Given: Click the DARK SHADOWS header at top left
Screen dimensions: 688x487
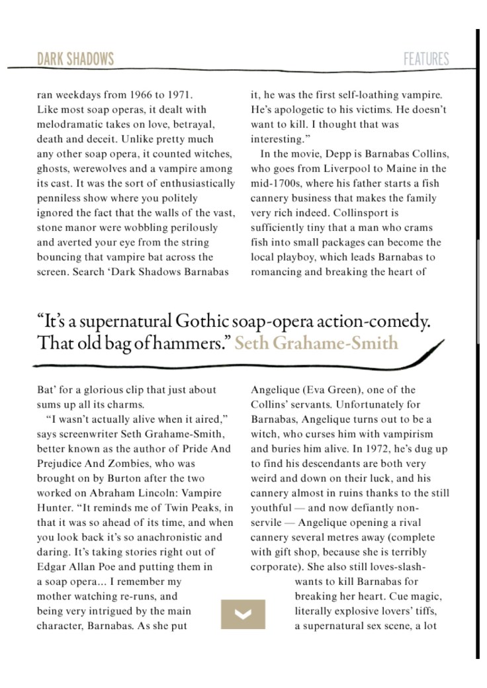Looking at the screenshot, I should pyautogui.click(x=75, y=59).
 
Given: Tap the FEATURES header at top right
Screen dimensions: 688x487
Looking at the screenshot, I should pyautogui.click(x=426, y=59).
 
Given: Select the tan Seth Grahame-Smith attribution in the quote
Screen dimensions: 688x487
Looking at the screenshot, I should pyautogui.click(x=316, y=343).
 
